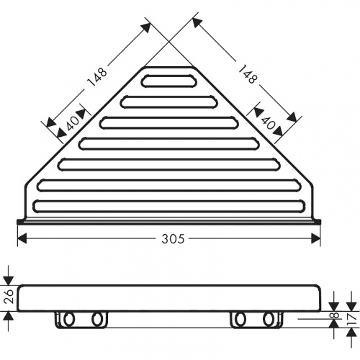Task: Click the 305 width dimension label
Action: click(173, 239)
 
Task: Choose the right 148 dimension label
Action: click(247, 74)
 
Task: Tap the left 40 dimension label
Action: click(73, 123)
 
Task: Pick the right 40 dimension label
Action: click(267, 123)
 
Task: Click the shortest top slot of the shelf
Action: click(169, 81)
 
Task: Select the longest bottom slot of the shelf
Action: click(170, 207)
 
